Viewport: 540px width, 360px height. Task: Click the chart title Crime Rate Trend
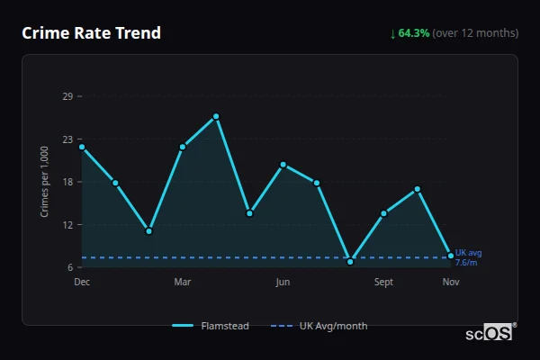click(92, 33)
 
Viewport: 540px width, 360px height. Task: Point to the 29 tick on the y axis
click(67, 96)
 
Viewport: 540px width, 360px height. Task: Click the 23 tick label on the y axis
click(67, 139)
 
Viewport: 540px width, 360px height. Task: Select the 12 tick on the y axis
click(67, 225)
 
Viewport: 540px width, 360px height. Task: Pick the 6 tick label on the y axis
click(70, 267)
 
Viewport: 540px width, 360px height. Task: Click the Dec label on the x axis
click(82, 282)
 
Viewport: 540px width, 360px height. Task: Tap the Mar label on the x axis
click(183, 282)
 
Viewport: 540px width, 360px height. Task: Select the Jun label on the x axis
click(283, 282)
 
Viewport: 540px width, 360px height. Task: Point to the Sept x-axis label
click(383, 282)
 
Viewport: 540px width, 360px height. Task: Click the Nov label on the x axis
click(451, 282)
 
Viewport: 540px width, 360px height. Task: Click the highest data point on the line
click(216, 116)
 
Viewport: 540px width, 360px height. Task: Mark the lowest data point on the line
click(350, 261)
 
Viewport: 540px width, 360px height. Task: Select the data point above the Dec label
click(82, 147)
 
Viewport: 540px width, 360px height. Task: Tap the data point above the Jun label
click(283, 165)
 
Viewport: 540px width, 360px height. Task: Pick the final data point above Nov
click(451, 256)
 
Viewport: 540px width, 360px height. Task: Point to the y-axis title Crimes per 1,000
click(44, 183)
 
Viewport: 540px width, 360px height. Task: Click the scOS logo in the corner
click(490, 333)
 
